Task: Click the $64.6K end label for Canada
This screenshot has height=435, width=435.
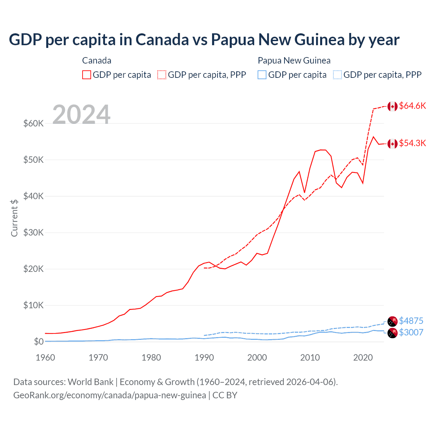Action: pos(412,106)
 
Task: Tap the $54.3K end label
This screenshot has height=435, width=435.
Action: pos(412,143)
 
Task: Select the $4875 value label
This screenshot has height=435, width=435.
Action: pos(411,321)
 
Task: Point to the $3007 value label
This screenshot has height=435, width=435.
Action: pos(411,332)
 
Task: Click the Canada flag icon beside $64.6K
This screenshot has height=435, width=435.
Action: pos(393,106)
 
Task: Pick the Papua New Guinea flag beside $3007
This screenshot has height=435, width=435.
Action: pos(393,333)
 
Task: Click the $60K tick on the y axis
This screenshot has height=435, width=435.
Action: pos(33,123)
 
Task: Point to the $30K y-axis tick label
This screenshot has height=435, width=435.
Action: pos(33,233)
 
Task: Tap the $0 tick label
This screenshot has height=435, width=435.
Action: pos(38,342)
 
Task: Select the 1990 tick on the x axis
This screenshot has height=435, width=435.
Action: pos(204,358)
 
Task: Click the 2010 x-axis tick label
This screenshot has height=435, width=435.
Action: pos(310,358)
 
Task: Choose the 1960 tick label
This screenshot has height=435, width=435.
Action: pos(46,358)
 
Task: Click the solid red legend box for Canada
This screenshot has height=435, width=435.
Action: pos(87,75)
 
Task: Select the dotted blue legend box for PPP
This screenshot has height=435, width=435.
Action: pos(337,75)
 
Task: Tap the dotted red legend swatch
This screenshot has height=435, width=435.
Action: pos(162,75)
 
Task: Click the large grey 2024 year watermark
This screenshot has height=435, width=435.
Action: pos(82,115)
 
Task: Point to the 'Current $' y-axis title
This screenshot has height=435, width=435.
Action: pos(14,218)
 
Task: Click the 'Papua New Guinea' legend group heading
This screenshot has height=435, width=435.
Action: pos(294,60)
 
